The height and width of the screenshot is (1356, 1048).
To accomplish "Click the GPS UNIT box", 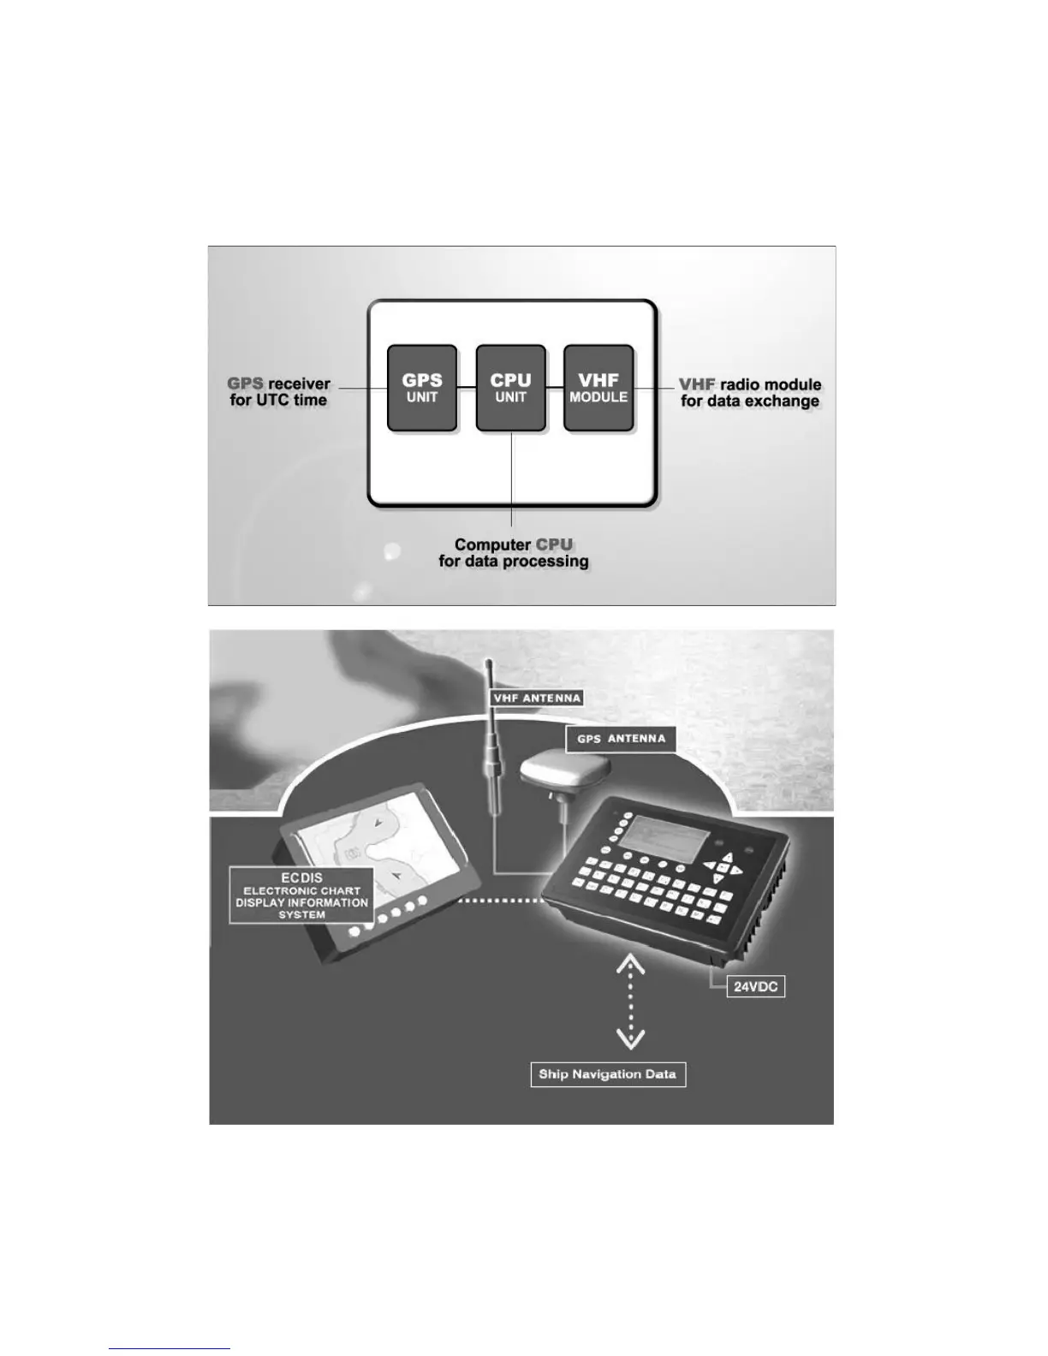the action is [421, 388].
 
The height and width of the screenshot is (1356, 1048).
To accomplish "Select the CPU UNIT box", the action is [510, 388].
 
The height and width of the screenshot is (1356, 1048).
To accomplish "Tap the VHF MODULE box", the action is [598, 388].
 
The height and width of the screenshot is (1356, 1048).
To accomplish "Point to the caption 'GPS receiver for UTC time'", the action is [279, 392].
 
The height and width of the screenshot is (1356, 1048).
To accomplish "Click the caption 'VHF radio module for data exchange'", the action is [750, 393].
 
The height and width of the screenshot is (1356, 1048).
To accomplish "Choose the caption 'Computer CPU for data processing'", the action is [513, 553].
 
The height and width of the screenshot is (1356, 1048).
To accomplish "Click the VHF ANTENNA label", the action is [537, 698].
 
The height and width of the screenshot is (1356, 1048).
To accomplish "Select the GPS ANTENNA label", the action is [621, 739].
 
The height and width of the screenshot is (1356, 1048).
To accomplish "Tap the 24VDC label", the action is [755, 986].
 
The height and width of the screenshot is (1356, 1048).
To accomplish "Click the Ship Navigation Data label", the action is [608, 1074].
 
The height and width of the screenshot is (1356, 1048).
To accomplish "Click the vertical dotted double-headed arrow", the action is [630, 1002].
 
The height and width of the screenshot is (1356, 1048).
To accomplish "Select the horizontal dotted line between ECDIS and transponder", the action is [500, 901].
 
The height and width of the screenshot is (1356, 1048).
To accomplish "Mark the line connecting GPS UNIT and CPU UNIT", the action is [466, 388].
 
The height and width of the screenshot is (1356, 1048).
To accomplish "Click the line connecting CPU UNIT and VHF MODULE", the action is [555, 388].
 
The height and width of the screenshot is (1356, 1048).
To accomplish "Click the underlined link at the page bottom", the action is [170, 1348].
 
